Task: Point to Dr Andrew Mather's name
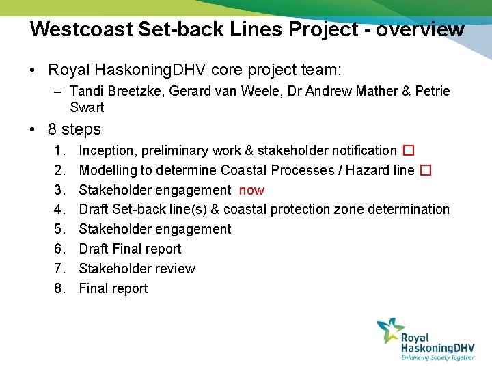(x=322, y=91)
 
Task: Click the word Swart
(x=87, y=107)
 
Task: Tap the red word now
(x=251, y=190)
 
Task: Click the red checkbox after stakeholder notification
(x=408, y=150)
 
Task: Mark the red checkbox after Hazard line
(x=425, y=170)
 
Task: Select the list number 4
(x=59, y=209)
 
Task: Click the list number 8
(x=59, y=288)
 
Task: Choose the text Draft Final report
(x=130, y=249)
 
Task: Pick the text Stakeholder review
(x=137, y=269)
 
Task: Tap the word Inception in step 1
(x=107, y=150)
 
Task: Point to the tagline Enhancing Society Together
(x=437, y=357)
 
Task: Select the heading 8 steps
(x=74, y=129)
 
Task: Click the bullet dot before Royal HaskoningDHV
(x=33, y=70)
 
